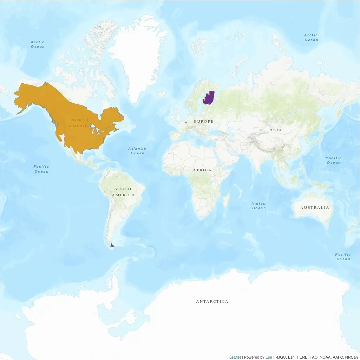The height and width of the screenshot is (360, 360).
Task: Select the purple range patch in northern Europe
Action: [209, 98]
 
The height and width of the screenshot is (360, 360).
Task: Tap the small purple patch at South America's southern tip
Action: [112, 245]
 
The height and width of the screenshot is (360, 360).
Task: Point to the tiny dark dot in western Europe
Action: [185, 122]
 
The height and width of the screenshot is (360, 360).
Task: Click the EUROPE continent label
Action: [204, 121]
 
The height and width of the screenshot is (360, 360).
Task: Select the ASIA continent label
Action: [276, 130]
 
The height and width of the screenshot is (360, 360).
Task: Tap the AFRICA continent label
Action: [202, 170]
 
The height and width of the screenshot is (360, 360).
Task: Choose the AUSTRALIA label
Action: [315, 207]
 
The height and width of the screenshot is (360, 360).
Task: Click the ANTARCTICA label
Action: [212, 302]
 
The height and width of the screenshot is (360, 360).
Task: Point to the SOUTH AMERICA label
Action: [123, 192]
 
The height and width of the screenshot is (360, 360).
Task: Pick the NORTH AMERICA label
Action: [80, 123]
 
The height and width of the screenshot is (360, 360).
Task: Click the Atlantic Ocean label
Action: [137, 151]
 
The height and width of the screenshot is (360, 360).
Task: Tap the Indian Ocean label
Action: [259, 206]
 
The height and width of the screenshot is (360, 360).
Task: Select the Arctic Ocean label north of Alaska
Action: [38, 44]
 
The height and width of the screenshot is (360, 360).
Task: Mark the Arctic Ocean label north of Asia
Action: [311, 37]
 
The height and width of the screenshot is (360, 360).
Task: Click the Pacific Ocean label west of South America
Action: [41, 169]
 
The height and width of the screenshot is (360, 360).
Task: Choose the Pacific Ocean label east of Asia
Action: [334, 160]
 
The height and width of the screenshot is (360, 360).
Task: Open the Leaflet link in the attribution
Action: [235, 357]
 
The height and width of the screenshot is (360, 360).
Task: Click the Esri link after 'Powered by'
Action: [269, 357]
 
